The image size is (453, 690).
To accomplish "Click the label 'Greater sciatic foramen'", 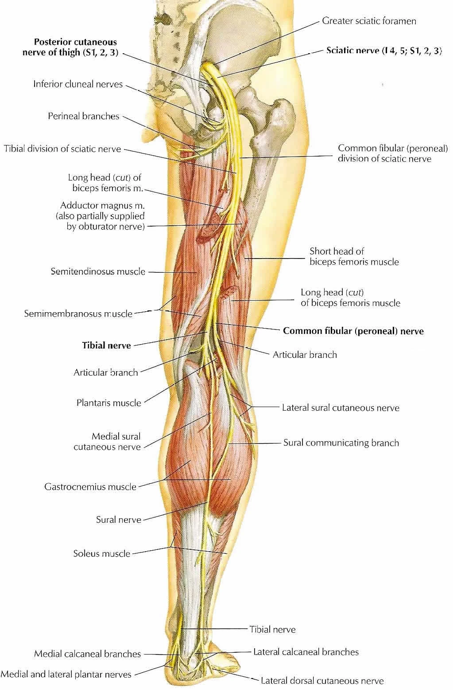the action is tap(369, 21).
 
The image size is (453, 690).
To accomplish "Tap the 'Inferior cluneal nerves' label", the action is tap(78, 84).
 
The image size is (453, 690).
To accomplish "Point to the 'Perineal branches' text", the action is tap(83, 116).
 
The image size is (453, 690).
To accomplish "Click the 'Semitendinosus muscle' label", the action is tap(98, 271).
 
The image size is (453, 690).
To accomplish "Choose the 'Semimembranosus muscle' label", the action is tap(78, 314).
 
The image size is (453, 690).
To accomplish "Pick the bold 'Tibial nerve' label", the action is tap(106, 345).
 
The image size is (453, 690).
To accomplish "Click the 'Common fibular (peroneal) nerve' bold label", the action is tap(353, 331).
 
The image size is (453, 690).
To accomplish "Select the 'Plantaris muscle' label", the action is tap(108, 403).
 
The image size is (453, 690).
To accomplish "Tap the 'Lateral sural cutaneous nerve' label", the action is tap(341, 408).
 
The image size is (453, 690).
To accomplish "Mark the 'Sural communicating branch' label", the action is tap(341, 443).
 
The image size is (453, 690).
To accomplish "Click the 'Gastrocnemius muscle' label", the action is tap(90, 487).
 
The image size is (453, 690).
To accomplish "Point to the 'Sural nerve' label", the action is tap(118, 520).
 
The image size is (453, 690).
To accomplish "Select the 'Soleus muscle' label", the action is tap(102, 553).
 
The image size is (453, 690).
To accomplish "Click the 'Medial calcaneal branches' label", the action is tap(87, 654).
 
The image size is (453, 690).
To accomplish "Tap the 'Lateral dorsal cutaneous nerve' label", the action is tap(322, 680).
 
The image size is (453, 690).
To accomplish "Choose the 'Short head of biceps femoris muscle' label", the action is tap(354, 257).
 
